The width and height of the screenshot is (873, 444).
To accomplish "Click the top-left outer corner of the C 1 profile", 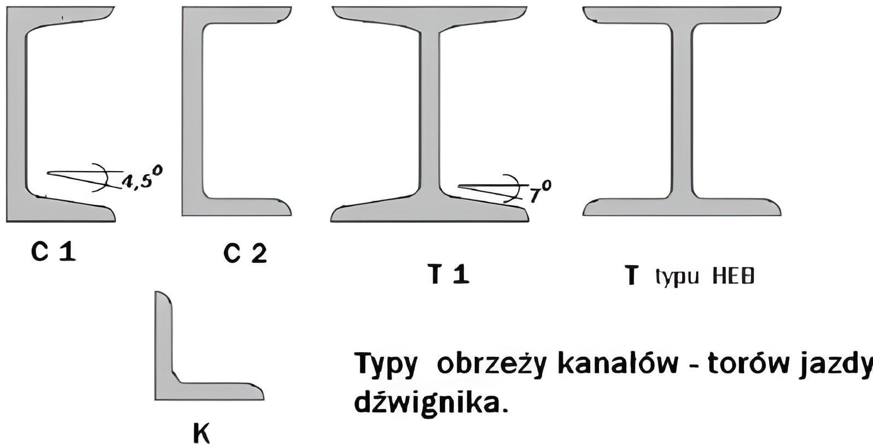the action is (x=7, y=7).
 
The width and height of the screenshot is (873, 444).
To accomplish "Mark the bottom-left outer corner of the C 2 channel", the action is (x=182, y=215).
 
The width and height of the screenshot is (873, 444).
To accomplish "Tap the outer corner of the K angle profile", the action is (x=155, y=400).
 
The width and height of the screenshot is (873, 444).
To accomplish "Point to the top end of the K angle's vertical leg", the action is (x=162, y=292).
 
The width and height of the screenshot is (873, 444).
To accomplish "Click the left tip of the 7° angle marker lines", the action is (x=459, y=186).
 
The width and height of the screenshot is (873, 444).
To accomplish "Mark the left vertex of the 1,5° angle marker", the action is (x=48, y=173).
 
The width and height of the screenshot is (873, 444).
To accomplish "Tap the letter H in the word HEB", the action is (x=718, y=277).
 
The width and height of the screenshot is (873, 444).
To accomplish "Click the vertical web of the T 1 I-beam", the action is (x=430, y=113).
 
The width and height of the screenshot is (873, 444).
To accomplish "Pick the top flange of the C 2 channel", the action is (x=237, y=15).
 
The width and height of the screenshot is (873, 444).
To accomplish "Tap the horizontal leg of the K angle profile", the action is (x=209, y=391).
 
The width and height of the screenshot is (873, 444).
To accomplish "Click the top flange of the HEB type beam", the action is (x=682, y=15).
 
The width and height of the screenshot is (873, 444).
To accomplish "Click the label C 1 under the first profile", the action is (x=54, y=252).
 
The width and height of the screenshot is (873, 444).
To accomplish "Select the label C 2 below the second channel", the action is (x=245, y=254).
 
